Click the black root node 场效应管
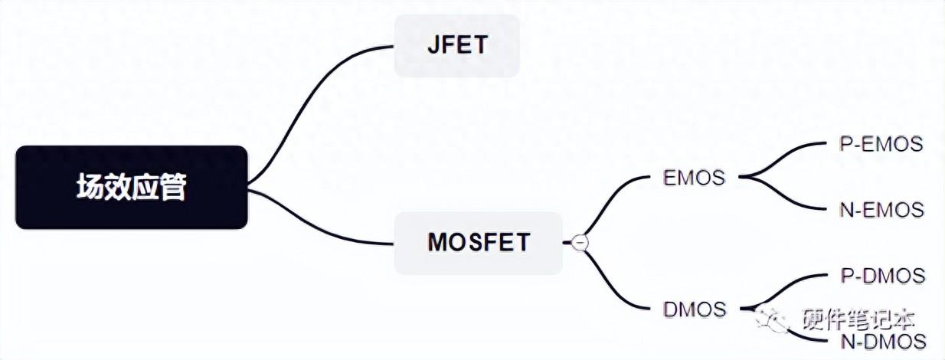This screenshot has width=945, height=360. (132, 188)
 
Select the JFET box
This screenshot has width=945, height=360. (457, 46)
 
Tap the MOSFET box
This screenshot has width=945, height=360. (479, 243)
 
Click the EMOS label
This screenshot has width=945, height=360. (694, 178)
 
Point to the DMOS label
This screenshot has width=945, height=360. (695, 309)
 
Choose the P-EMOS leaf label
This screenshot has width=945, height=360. (881, 144)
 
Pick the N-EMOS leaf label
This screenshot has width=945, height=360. (881, 210)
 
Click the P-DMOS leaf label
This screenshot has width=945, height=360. (883, 276)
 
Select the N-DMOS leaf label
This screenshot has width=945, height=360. (884, 342)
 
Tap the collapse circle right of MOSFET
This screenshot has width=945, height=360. (580, 243)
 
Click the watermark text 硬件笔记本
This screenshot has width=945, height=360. (858, 320)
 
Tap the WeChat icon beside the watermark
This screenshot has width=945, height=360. (771, 320)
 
